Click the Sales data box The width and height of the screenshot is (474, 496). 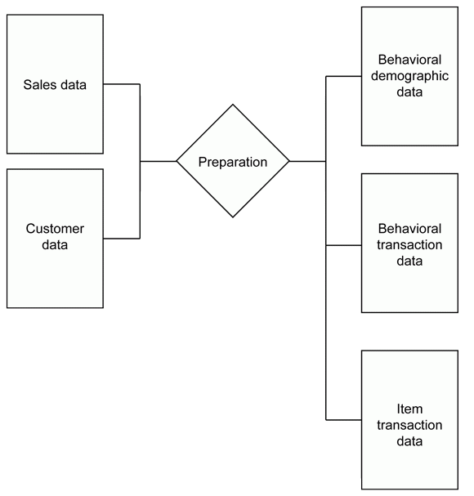click(x=55, y=84)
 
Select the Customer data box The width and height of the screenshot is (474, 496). click(x=55, y=239)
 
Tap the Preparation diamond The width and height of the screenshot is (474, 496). click(x=233, y=161)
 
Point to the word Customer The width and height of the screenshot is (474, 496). click(x=55, y=229)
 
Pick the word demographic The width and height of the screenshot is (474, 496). click(x=409, y=76)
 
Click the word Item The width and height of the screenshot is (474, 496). click(x=409, y=409)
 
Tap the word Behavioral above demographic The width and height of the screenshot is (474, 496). click(x=409, y=60)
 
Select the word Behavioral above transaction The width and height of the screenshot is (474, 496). click(x=409, y=229)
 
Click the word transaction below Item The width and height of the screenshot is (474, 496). click(x=409, y=425)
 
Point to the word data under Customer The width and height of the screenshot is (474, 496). click(x=55, y=245)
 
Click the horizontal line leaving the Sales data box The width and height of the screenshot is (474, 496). click(x=122, y=84)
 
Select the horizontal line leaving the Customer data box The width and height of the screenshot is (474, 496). click(x=122, y=239)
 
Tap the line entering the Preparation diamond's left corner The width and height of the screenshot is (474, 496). click(x=159, y=161)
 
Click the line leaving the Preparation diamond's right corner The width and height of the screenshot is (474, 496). click(x=307, y=161)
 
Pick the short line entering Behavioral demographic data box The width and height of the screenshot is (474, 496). click(x=343, y=76)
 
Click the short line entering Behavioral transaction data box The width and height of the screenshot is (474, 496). click(x=343, y=245)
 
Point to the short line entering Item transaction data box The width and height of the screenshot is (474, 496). click(x=343, y=420)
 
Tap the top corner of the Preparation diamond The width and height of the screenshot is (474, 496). click(x=233, y=105)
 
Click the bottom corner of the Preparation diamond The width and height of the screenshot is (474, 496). click(x=233, y=217)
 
